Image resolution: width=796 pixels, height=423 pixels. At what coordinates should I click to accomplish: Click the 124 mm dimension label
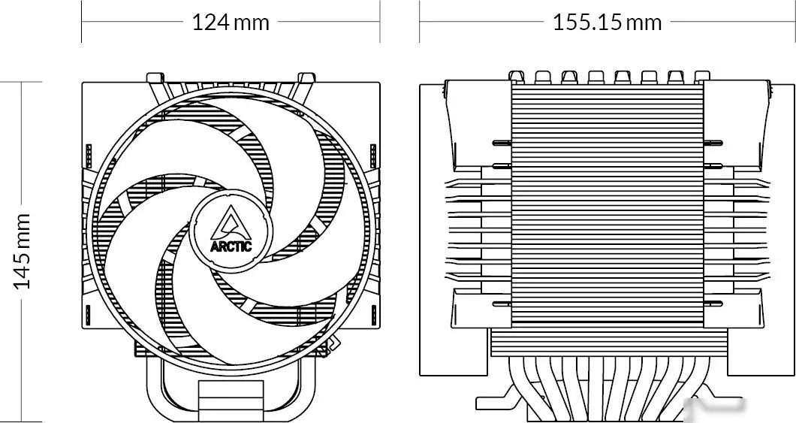(231, 23)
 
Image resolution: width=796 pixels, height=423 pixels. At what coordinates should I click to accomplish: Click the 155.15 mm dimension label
(607, 23)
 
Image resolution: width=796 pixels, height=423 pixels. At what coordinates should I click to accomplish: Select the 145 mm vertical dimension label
(23, 251)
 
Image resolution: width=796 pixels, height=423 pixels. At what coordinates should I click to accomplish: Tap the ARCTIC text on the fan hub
(231, 244)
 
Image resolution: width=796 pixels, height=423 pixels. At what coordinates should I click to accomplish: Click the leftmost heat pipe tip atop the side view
(516, 77)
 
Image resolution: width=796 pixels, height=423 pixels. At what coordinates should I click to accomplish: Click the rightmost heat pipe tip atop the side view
(702, 77)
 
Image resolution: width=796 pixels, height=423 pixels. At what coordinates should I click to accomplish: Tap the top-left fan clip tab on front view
(156, 78)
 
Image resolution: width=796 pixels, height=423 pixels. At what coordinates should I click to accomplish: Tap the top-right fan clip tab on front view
(306, 78)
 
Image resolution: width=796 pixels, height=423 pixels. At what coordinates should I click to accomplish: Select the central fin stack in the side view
(607, 203)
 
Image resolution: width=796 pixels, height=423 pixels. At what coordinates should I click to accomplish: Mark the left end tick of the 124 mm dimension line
(82, 23)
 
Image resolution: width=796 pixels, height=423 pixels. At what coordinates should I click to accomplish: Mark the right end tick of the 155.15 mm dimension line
(794, 23)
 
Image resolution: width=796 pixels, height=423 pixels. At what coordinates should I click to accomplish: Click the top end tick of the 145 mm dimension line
(23, 83)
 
